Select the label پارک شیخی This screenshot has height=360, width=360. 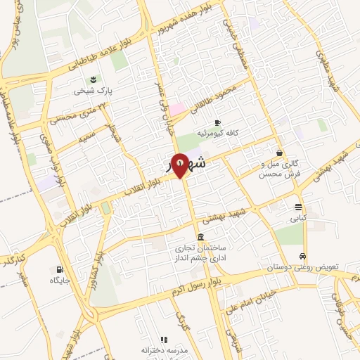click(x=95, y=91)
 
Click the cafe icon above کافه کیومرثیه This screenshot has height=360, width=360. click(x=217, y=122)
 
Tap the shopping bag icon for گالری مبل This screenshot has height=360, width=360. click(x=280, y=153)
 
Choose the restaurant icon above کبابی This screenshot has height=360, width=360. click(x=299, y=207)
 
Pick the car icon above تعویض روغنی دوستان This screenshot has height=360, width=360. click(x=302, y=256)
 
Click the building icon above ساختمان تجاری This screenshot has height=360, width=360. click(x=202, y=236)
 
